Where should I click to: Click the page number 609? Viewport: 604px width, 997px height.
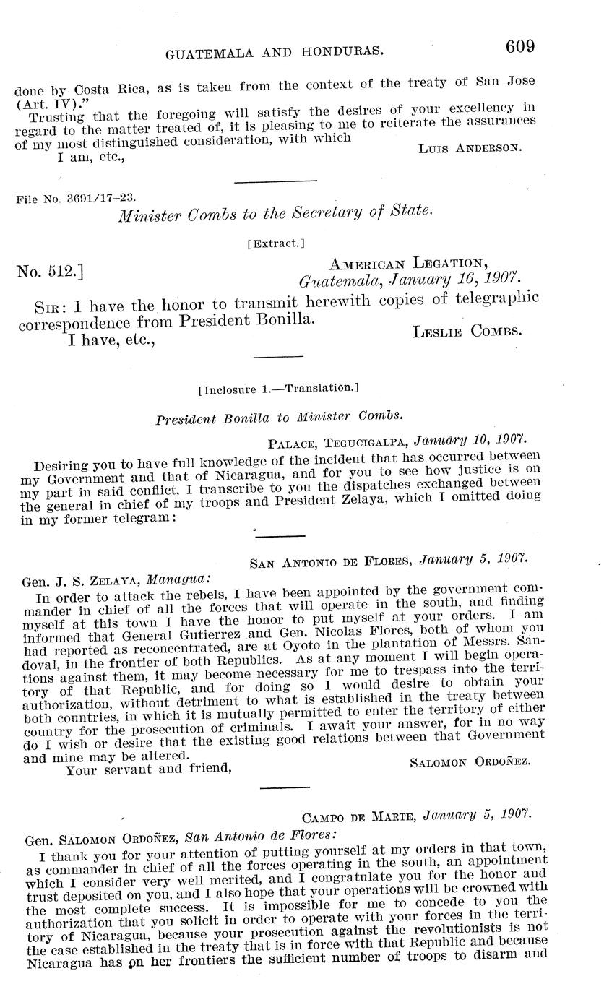click(519, 47)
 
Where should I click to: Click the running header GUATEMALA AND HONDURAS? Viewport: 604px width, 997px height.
click(275, 52)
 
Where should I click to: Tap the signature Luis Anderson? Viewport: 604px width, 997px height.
click(469, 147)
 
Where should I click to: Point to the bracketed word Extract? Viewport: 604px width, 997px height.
click(275, 244)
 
